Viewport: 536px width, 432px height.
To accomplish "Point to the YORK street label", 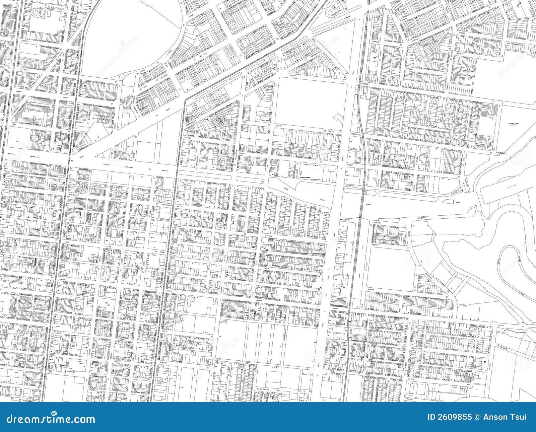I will tap(13, 124).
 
